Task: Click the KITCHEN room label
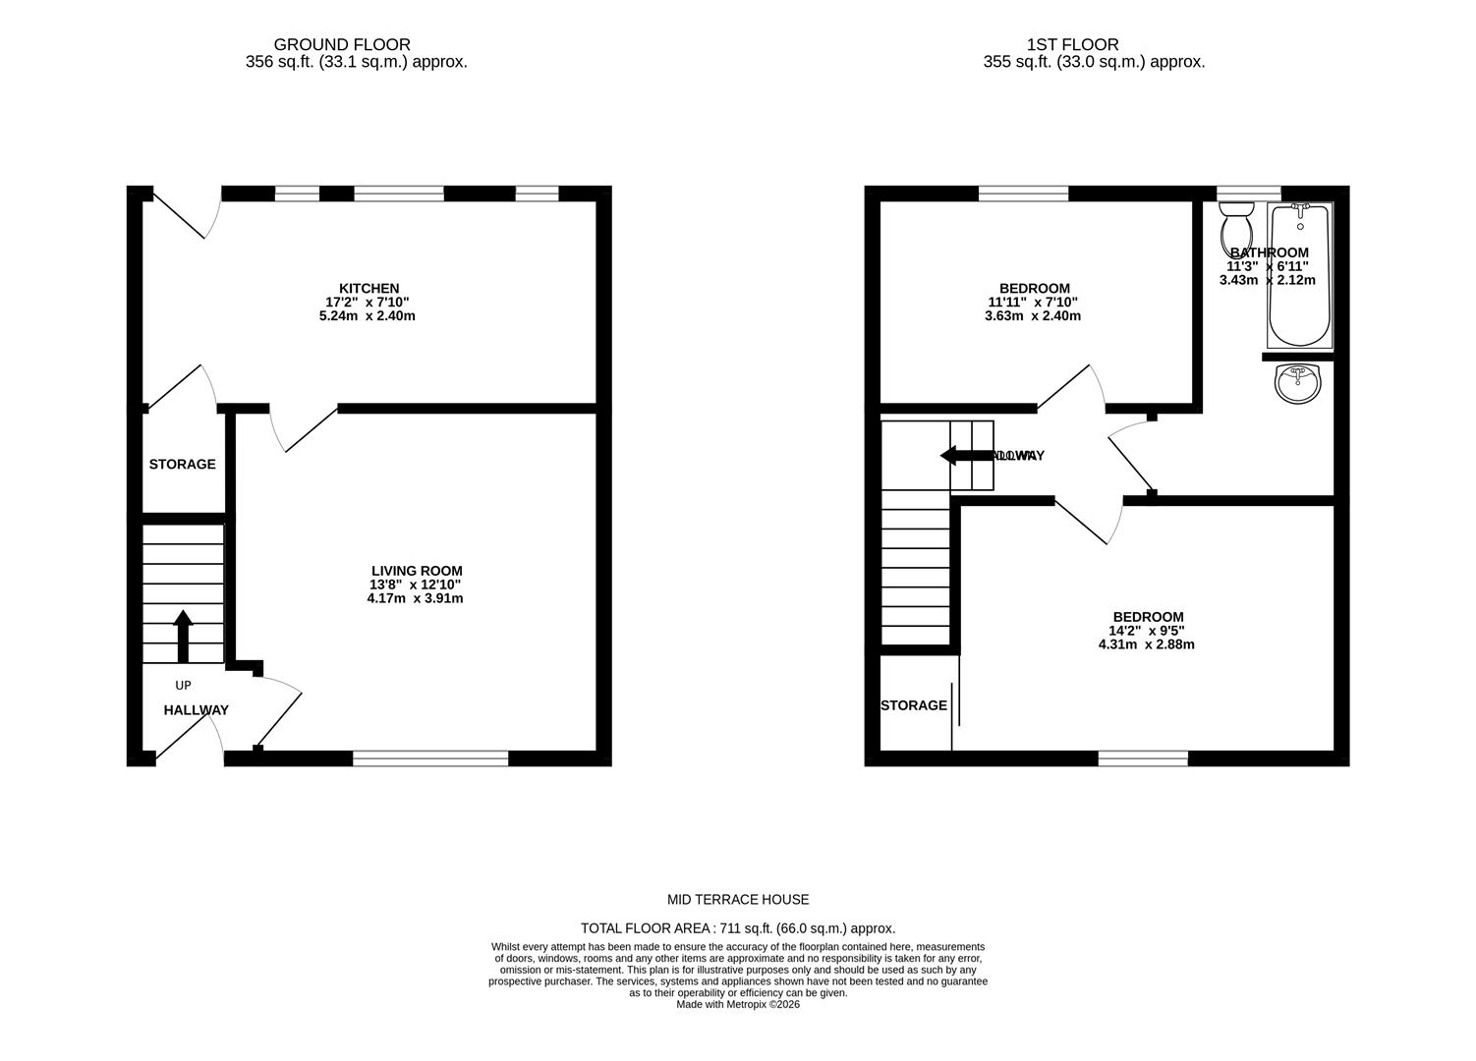click(369, 288)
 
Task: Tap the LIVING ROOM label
click(416, 571)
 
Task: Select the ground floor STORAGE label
click(182, 464)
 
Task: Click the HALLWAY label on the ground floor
click(196, 710)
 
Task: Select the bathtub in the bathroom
click(1299, 275)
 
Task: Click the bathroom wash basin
click(1298, 382)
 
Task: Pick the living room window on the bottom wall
click(430, 757)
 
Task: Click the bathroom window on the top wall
click(1248, 193)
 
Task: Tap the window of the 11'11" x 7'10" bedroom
click(1023, 193)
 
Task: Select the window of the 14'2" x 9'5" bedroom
click(1142, 757)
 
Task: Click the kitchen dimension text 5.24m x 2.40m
click(368, 316)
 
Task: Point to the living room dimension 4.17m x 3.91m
click(415, 598)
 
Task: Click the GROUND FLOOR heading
click(341, 44)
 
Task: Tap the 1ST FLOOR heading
click(1072, 44)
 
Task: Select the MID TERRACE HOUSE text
click(738, 900)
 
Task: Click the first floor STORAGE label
click(913, 705)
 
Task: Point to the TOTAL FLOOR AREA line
click(738, 928)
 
